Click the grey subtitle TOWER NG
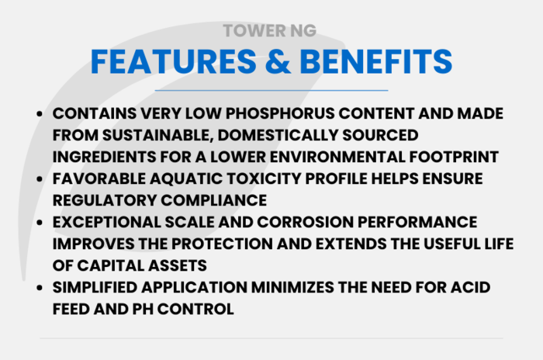[269, 30]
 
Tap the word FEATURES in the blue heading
[174, 61]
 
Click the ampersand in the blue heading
[278, 61]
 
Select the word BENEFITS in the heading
[376, 61]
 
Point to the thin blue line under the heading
[271, 91]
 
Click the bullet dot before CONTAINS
[40, 113]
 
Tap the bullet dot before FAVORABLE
[40, 178]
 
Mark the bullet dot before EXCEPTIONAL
[40, 223]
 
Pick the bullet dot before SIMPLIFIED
[40, 288]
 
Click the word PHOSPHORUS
[280, 113]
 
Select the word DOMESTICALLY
[278, 135]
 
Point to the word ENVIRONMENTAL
[337, 157]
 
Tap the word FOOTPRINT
[454, 157]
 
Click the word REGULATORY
[104, 200]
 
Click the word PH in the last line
[143, 309]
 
